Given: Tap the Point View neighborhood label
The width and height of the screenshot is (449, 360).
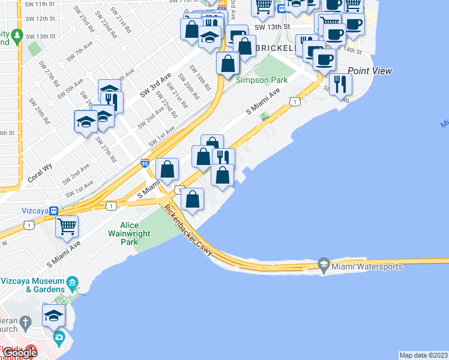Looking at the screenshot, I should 370,71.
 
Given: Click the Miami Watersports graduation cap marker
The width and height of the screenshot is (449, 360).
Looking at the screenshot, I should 324,265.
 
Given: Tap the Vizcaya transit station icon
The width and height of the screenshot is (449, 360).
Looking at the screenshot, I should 53,211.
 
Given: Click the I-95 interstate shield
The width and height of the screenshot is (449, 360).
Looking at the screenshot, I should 145,163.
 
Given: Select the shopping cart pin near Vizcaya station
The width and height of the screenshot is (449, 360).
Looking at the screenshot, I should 67,226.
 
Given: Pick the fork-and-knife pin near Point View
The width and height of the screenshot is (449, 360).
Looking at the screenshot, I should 340,83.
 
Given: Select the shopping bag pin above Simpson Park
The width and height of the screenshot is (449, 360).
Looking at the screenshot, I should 228,62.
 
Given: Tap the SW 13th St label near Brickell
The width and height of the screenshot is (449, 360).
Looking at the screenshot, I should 272,27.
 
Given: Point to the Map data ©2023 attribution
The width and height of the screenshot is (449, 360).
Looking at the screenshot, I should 423,355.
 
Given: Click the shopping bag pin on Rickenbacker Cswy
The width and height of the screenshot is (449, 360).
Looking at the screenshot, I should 192,199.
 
